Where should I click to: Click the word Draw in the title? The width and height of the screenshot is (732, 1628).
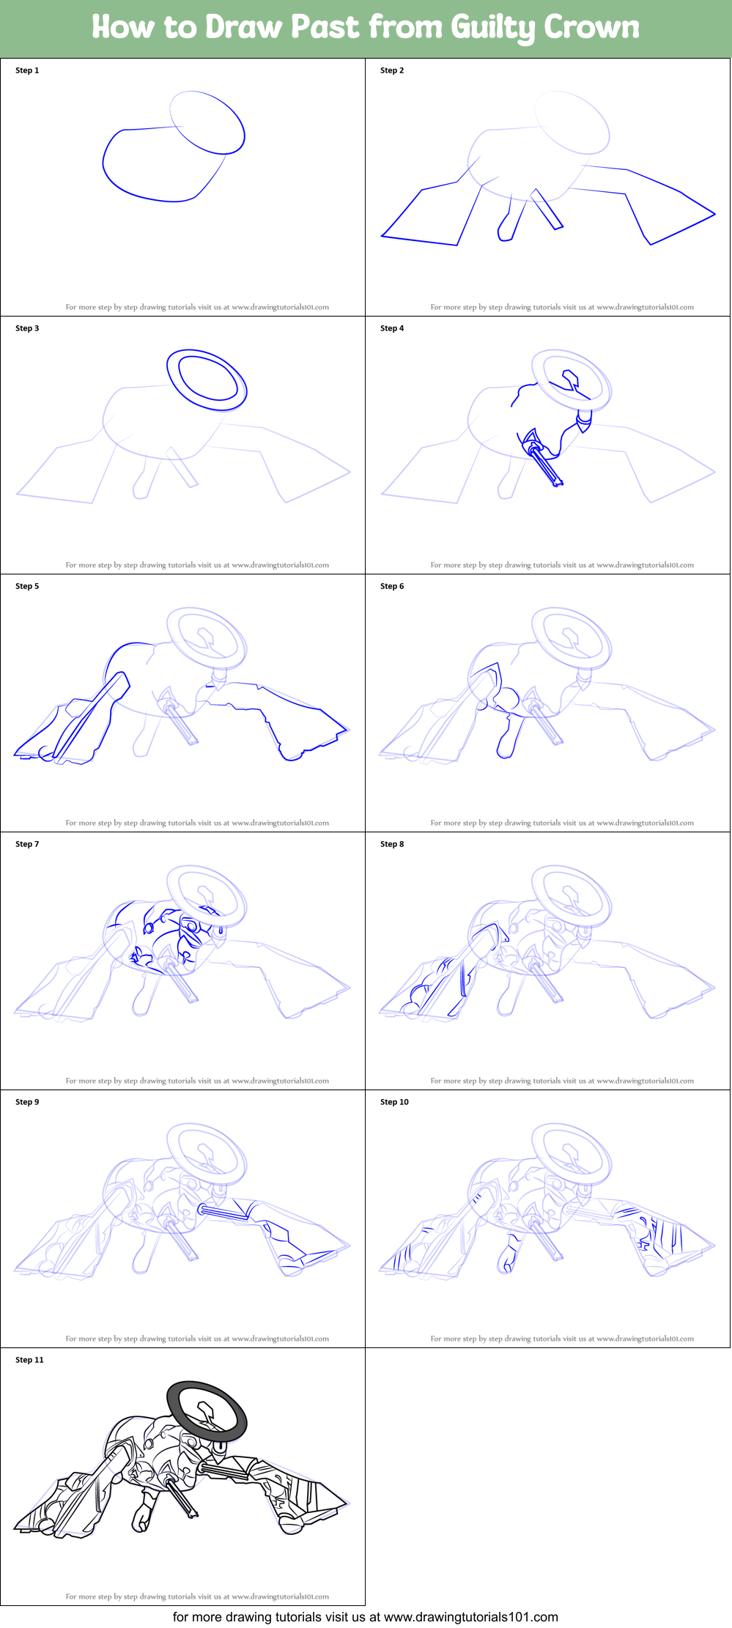click(245, 27)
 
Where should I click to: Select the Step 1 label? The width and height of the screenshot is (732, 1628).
click(27, 70)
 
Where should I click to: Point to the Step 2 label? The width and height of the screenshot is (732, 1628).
click(392, 70)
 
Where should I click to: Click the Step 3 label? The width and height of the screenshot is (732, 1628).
click(27, 328)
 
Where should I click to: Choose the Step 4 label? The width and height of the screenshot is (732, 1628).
click(392, 328)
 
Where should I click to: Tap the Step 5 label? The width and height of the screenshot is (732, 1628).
click(27, 586)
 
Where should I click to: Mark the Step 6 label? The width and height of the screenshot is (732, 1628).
click(392, 586)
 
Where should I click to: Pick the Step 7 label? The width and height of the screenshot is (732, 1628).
click(27, 844)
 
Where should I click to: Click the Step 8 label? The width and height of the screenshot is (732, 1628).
click(392, 844)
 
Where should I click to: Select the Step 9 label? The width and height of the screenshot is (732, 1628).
click(27, 1102)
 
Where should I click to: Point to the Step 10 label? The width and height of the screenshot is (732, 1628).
click(394, 1102)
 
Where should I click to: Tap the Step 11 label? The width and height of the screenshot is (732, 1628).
click(29, 1360)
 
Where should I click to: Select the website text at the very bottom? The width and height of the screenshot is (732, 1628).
click(365, 1617)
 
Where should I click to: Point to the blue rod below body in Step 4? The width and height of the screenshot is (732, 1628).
click(546, 465)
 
